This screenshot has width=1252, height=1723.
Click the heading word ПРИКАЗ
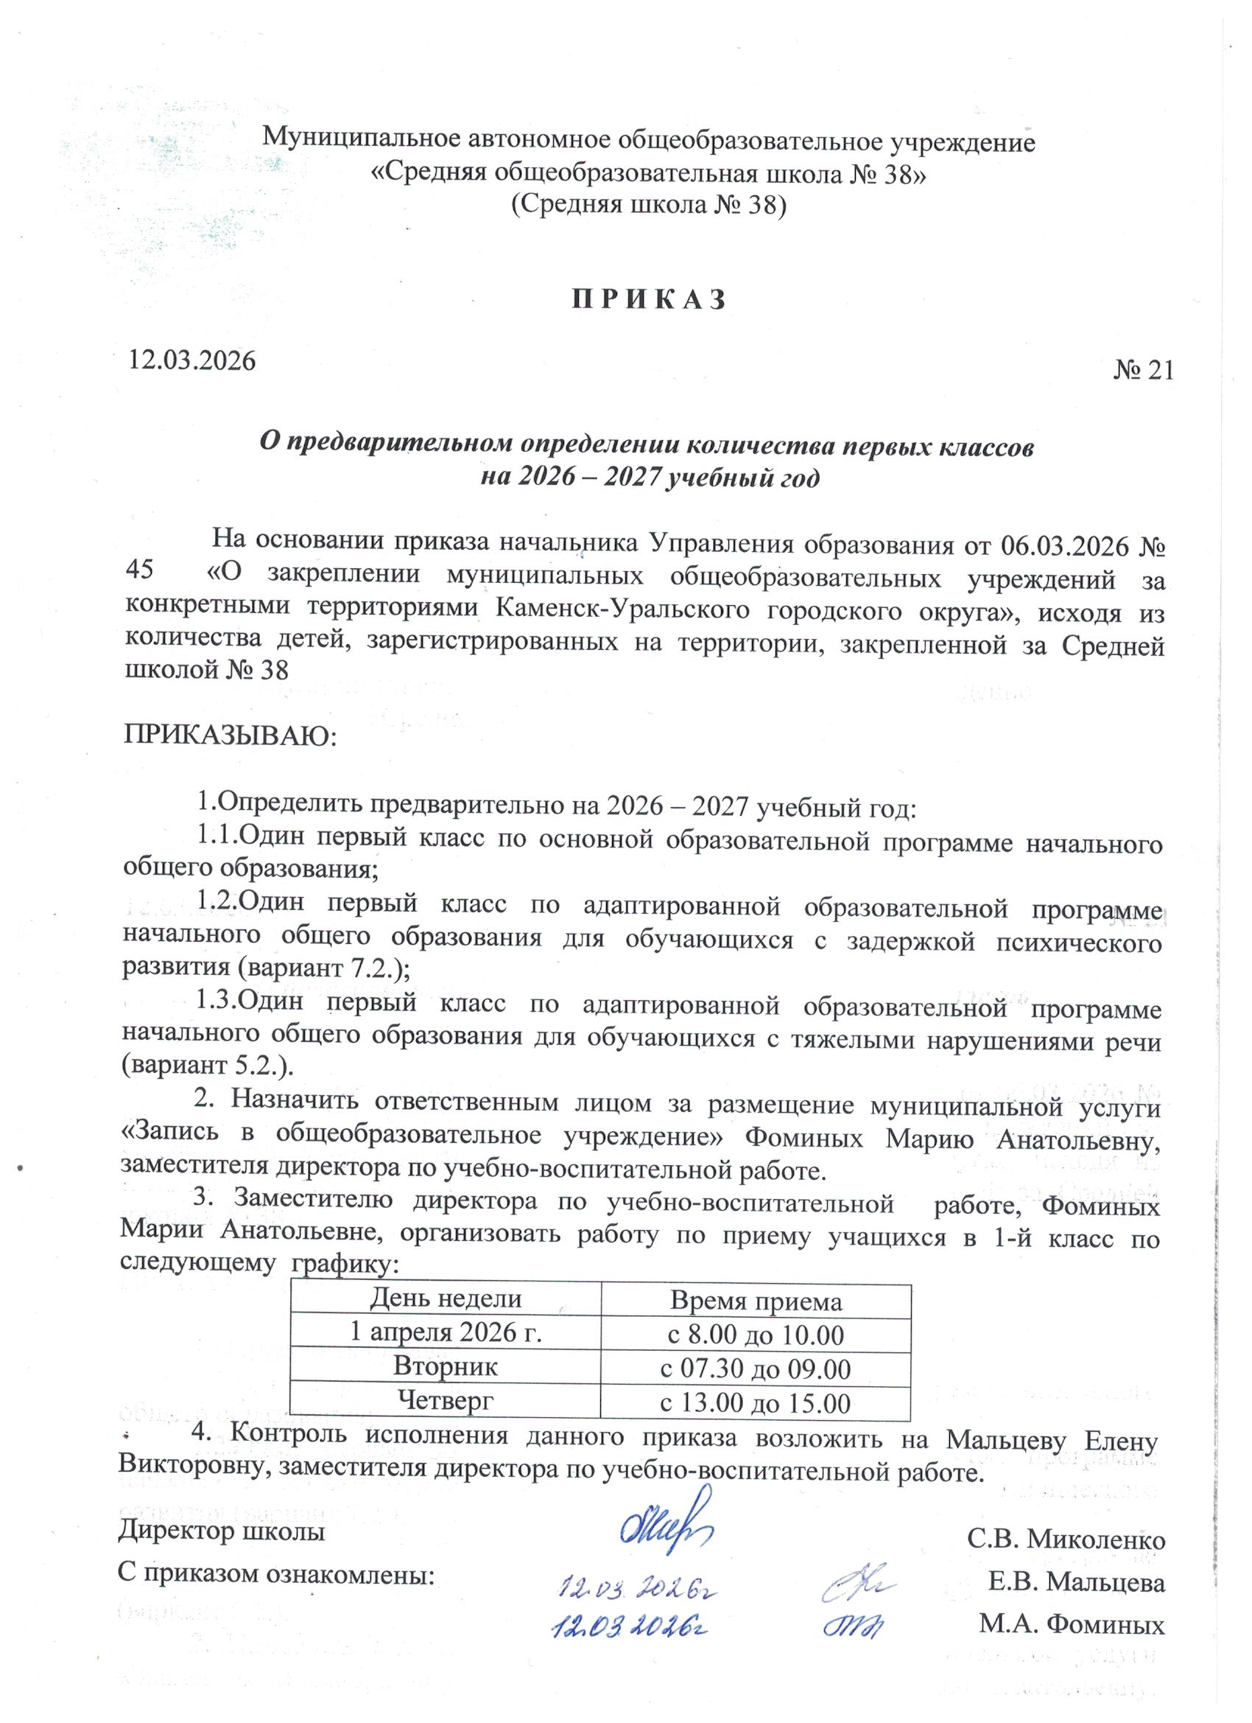(648, 299)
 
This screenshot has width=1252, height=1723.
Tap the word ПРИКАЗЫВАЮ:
(228, 735)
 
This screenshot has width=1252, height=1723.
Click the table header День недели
(445, 1299)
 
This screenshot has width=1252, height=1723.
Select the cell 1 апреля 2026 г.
(445, 1332)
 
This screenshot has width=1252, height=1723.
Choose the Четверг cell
(445, 1399)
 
